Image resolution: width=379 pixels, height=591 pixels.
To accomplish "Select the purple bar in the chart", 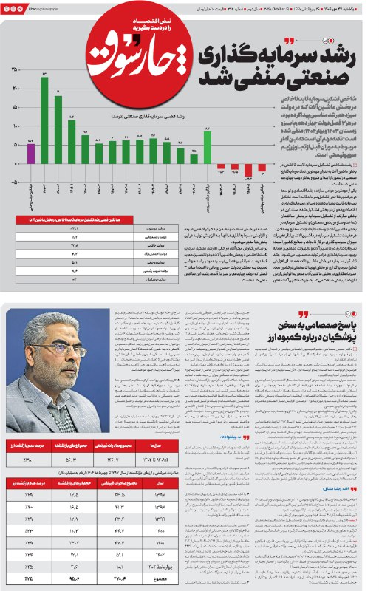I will (x=31, y=154).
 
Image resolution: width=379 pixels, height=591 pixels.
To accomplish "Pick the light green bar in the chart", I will (x=208, y=148).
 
